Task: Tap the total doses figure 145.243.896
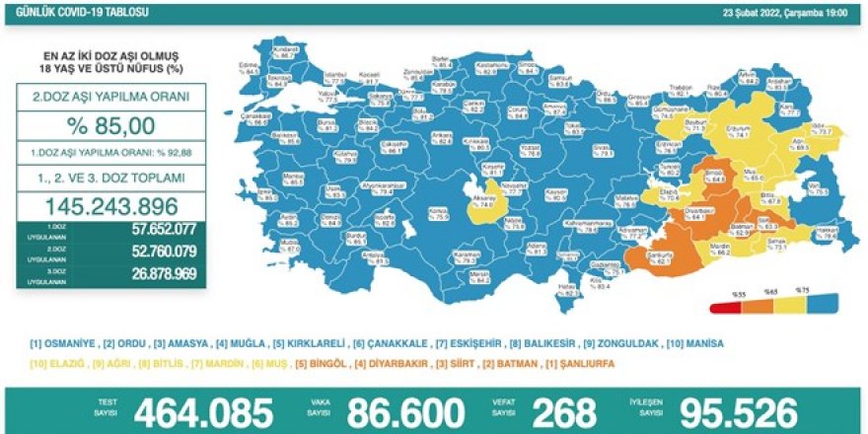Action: tap(111, 206)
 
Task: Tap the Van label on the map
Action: tap(815, 188)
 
